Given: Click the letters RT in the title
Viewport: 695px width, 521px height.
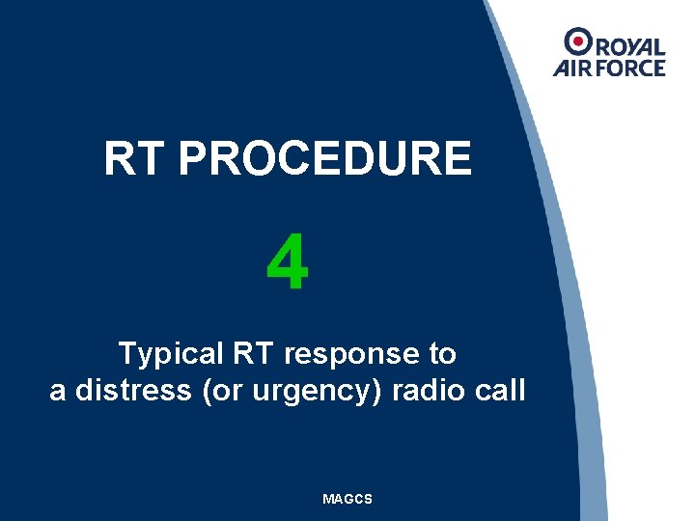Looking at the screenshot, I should point(135,159).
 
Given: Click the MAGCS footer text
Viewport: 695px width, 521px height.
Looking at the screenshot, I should point(347,499).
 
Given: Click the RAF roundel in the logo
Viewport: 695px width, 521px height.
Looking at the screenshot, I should point(578,41).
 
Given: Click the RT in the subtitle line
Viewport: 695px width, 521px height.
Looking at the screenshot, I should point(253,354).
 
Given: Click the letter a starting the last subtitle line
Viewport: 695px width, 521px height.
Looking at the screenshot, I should point(57,392).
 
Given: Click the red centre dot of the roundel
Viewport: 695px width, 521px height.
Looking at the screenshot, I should point(578,41).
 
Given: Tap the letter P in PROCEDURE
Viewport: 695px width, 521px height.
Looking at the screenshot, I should point(191,159).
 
